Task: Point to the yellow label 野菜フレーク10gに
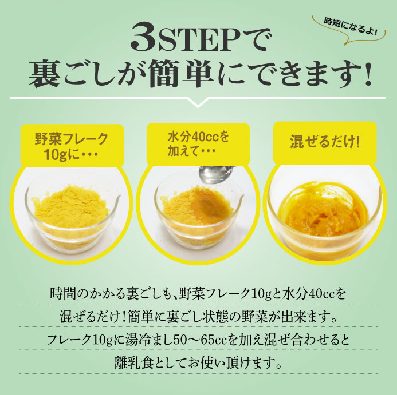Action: pos(72,146)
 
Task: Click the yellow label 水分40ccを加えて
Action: pos(198,144)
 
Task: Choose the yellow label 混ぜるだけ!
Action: pos(325,142)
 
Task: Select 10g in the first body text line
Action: pos(262,294)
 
